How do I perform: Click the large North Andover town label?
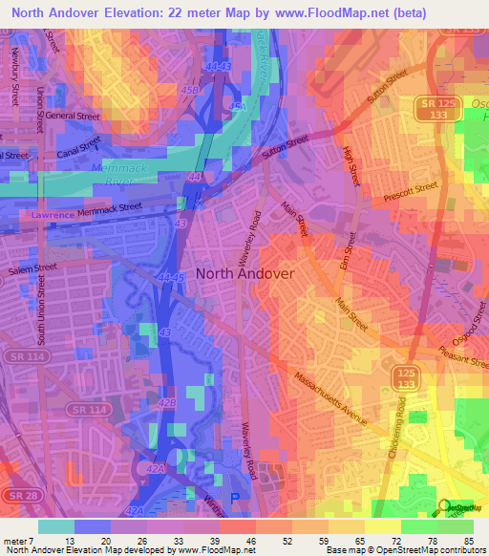tap(244, 273)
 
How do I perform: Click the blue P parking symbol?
tap(237, 498)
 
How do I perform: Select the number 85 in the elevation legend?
tap(468, 541)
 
